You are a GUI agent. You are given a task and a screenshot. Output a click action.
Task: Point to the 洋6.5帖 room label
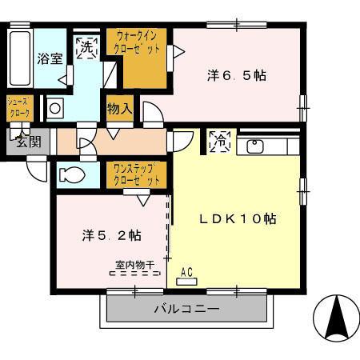click(x=237, y=76)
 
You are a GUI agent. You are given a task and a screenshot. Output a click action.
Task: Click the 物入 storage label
click(x=119, y=108)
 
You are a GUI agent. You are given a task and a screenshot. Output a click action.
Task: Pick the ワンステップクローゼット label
click(x=135, y=174)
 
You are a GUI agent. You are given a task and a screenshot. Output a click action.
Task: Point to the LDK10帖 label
click(x=238, y=218)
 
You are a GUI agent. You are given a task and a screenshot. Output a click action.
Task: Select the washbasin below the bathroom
click(x=54, y=107)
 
